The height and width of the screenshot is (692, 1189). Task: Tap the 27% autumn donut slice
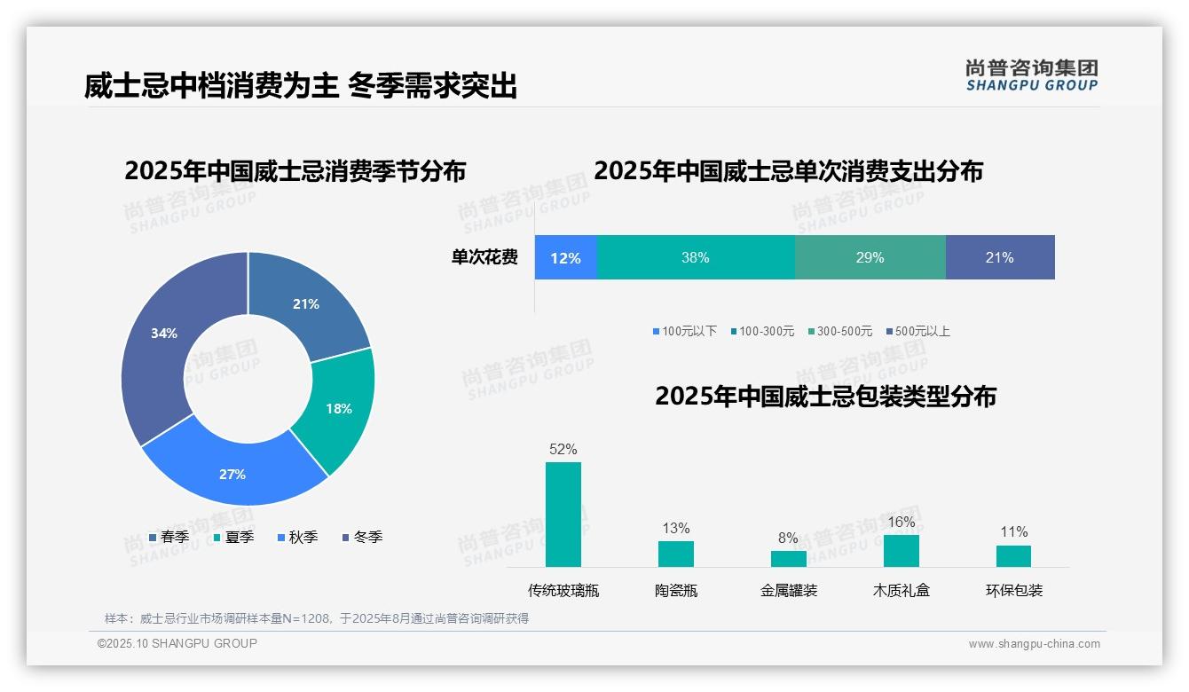point(232,474)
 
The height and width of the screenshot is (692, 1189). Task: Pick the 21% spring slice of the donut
point(306,303)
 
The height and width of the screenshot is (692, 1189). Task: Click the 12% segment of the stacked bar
point(565,258)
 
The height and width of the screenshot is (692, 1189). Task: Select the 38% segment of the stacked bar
point(696,258)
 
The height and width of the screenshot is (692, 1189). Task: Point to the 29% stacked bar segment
point(870,258)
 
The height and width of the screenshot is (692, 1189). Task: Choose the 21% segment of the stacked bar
point(999,258)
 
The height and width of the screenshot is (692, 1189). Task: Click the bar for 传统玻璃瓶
point(563,515)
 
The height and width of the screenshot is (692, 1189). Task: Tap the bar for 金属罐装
point(788,559)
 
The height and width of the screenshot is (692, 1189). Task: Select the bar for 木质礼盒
point(901,551)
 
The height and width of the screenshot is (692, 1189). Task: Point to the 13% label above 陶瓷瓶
point(675,529)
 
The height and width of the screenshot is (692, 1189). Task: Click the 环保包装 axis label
point(1014,591)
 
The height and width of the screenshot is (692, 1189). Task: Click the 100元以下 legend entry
point(684,332)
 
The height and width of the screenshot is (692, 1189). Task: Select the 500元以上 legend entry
point(917,332)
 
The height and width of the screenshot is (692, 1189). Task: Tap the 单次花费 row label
point(484,258)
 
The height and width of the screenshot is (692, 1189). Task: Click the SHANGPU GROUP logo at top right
point(1031,75)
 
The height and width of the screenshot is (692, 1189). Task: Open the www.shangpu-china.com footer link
point(1034,644)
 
